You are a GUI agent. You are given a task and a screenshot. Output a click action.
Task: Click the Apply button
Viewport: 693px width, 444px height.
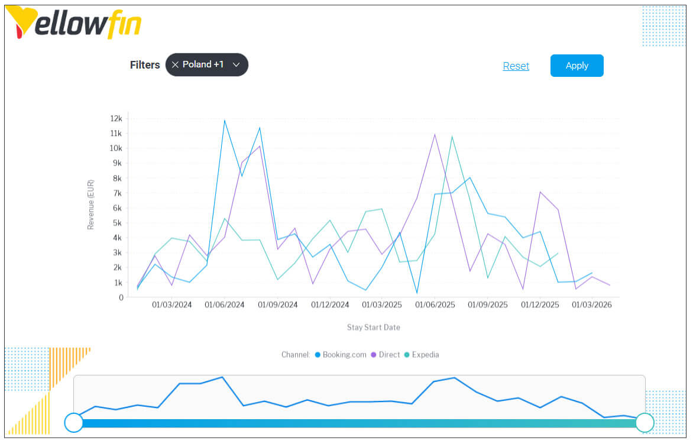(577, 66)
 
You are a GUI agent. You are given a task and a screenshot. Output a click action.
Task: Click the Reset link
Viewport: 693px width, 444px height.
(516, 66)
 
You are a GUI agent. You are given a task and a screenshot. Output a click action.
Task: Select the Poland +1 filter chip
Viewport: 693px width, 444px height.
(203, 64)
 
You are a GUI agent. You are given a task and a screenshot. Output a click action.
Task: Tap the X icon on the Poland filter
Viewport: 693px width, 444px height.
(175, 64)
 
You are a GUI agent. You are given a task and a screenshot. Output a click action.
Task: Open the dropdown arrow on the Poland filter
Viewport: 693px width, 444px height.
(236, 64)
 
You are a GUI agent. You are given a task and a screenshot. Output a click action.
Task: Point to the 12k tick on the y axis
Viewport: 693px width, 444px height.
(116, 118)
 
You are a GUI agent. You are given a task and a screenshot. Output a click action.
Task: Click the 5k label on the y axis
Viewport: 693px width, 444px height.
(118, 223)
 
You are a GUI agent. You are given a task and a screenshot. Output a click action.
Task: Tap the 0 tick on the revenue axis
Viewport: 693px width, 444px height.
(120, 297)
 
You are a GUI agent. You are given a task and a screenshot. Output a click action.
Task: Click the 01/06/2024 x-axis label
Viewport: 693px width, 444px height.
(225, 305)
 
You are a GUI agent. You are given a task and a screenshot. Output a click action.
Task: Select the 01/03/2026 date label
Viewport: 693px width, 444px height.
(592, 305)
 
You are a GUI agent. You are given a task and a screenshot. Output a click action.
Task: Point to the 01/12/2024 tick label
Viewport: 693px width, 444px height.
(330, 305)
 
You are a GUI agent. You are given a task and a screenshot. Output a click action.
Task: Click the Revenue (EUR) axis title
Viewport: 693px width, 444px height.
(91, 204)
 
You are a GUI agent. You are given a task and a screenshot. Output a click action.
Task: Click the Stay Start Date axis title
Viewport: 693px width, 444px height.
(373, 327)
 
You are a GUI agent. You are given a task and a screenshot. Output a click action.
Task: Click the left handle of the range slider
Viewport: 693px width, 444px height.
(74, 422)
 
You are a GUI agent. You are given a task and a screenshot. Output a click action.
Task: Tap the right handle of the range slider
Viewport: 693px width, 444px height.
(645, 422)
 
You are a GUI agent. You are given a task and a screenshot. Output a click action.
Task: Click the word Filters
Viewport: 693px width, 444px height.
(145, 65)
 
